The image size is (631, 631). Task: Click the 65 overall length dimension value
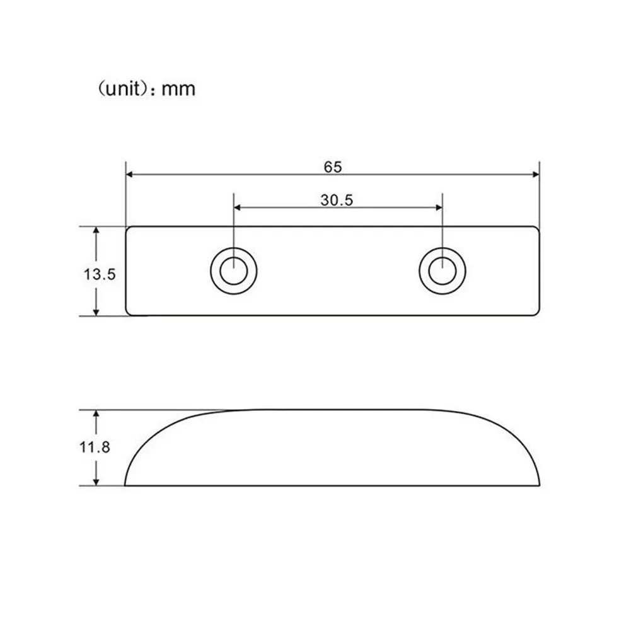(x=333, y=167)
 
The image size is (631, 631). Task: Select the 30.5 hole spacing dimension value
(x=337, y=200)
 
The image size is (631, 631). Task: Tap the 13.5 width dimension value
(x=100, y=274)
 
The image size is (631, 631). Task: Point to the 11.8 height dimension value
(x=96, y=448)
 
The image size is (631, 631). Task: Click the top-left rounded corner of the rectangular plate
(x=129, y=229)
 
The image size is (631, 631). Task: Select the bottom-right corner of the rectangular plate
(x=538, y=312)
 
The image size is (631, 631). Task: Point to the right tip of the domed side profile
(x=540, y=484)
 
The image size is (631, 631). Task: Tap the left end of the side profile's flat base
(x=125, y=485)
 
